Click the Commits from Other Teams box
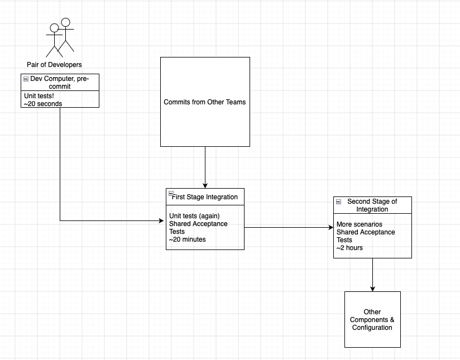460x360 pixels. click(205, 102)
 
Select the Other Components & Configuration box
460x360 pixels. click(372, 319)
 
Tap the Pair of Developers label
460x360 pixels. click(54, 65)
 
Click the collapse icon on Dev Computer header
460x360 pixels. click(26, 79)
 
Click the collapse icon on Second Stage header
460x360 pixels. click(338, 201)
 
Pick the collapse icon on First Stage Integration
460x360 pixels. click(171, 193)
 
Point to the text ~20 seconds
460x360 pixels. click(43, 104)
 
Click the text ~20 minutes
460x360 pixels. click(187, 239)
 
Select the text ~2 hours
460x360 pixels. click(349, 248)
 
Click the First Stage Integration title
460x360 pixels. click(205, 197)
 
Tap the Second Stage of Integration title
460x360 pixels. click(372, 205)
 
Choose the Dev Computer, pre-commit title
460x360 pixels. click(60, 83)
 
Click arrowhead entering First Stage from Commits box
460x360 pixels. click(205, 186)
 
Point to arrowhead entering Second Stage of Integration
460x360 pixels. click(331, 227)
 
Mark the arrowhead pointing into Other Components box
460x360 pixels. click(372, 289)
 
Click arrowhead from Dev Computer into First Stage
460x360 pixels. click(161, 220)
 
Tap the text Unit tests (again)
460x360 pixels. click(194, 216)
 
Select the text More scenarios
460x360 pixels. click(360, 224)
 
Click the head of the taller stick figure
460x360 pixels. click(65, 22)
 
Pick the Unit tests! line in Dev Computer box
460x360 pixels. click(39, 96)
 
